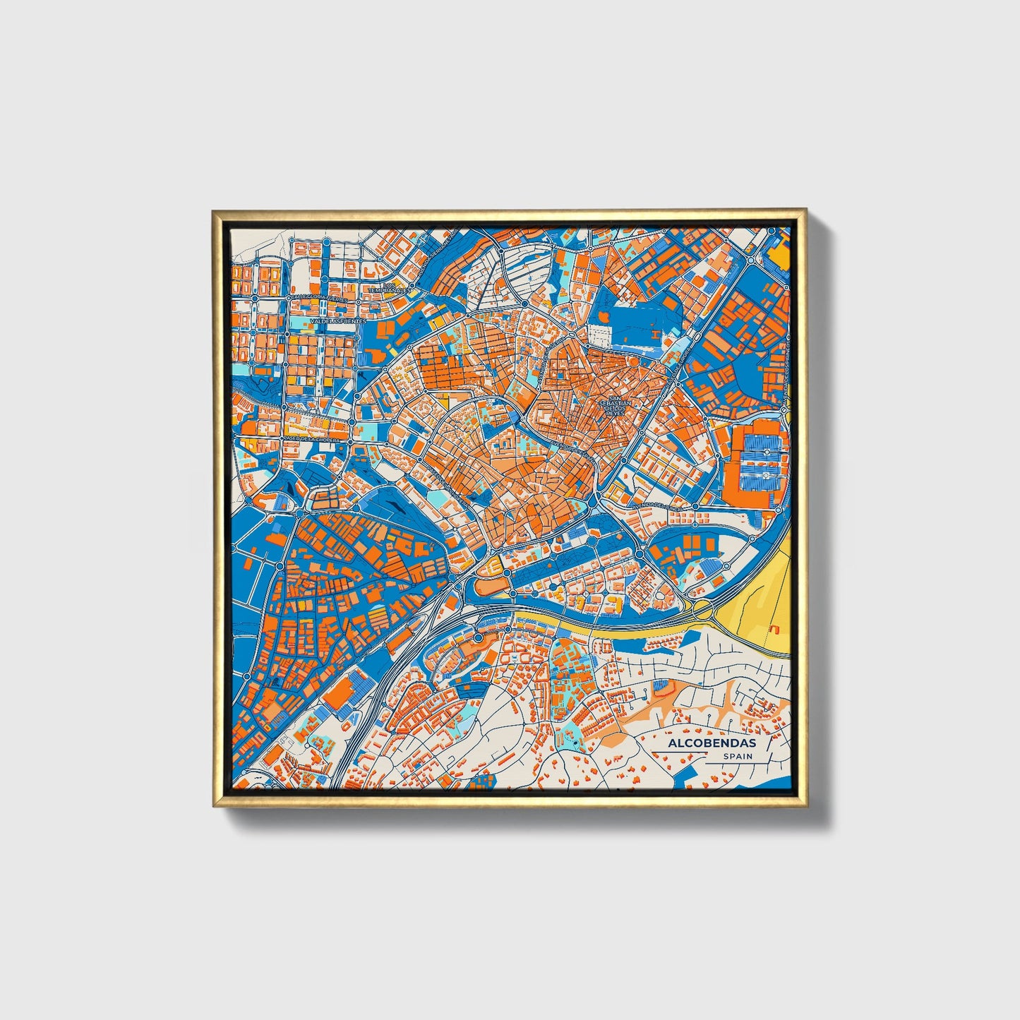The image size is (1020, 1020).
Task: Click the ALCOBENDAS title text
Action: (x=712, y=743)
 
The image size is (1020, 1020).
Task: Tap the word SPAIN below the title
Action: (x=737, y=757)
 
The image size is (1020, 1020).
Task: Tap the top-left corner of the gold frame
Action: (x=213, y=210)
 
